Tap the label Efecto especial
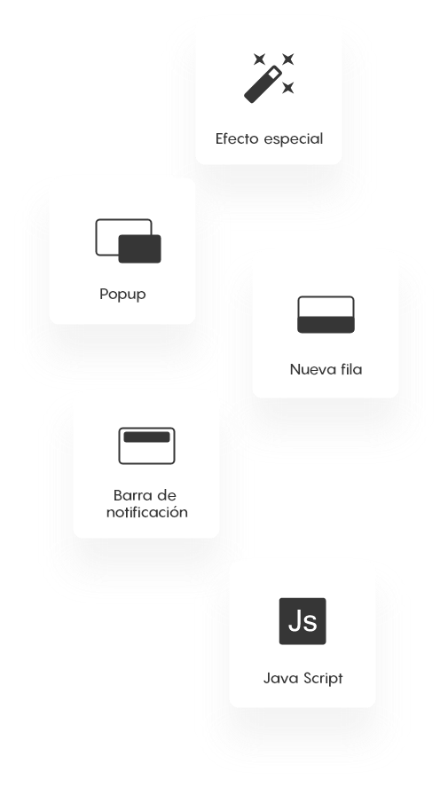click(269, 138)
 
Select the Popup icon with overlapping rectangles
click(128, 240)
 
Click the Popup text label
click(122, 295)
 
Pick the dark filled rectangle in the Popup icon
click(139, 248)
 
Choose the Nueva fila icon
click(326, 315)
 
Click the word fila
click(350, 369)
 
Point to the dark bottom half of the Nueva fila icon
click(326, 325)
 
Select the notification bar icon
click(146, 445)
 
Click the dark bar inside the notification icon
click(146, 437)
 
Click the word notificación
click(147, 512)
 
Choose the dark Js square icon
click(303, 621)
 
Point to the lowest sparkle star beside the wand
click(287, 88)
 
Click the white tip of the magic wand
click(274, 74)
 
